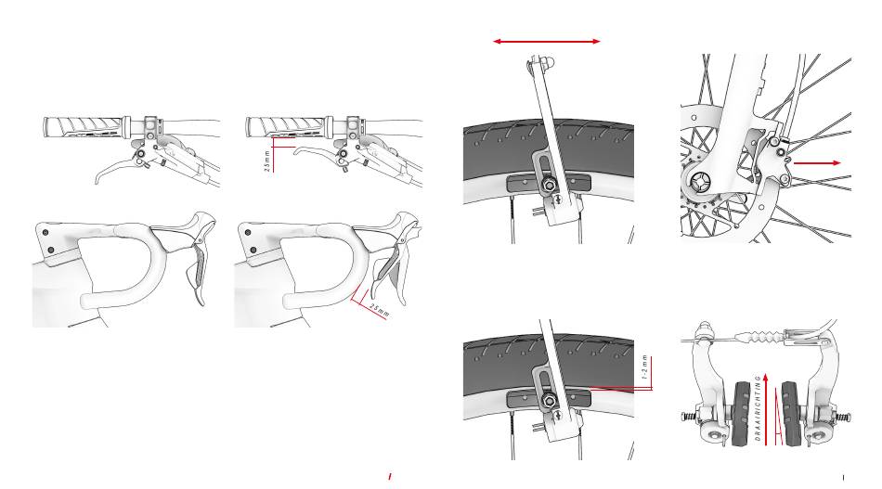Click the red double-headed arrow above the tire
click(547, 41)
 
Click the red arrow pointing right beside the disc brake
click(817, 163)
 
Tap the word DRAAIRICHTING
click(759, 408)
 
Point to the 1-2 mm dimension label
click(645, 367)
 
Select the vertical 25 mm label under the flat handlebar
click(267, 161)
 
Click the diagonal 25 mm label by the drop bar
click(380, 309)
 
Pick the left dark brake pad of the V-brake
click(742, 413)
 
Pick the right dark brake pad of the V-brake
click(792, 414)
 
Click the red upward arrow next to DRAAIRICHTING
click(767, 408)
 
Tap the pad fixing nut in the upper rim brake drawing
click(548, 184)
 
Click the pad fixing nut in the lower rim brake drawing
click(548, 401)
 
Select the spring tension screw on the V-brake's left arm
click(689, 418)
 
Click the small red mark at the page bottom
click(389, 477)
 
